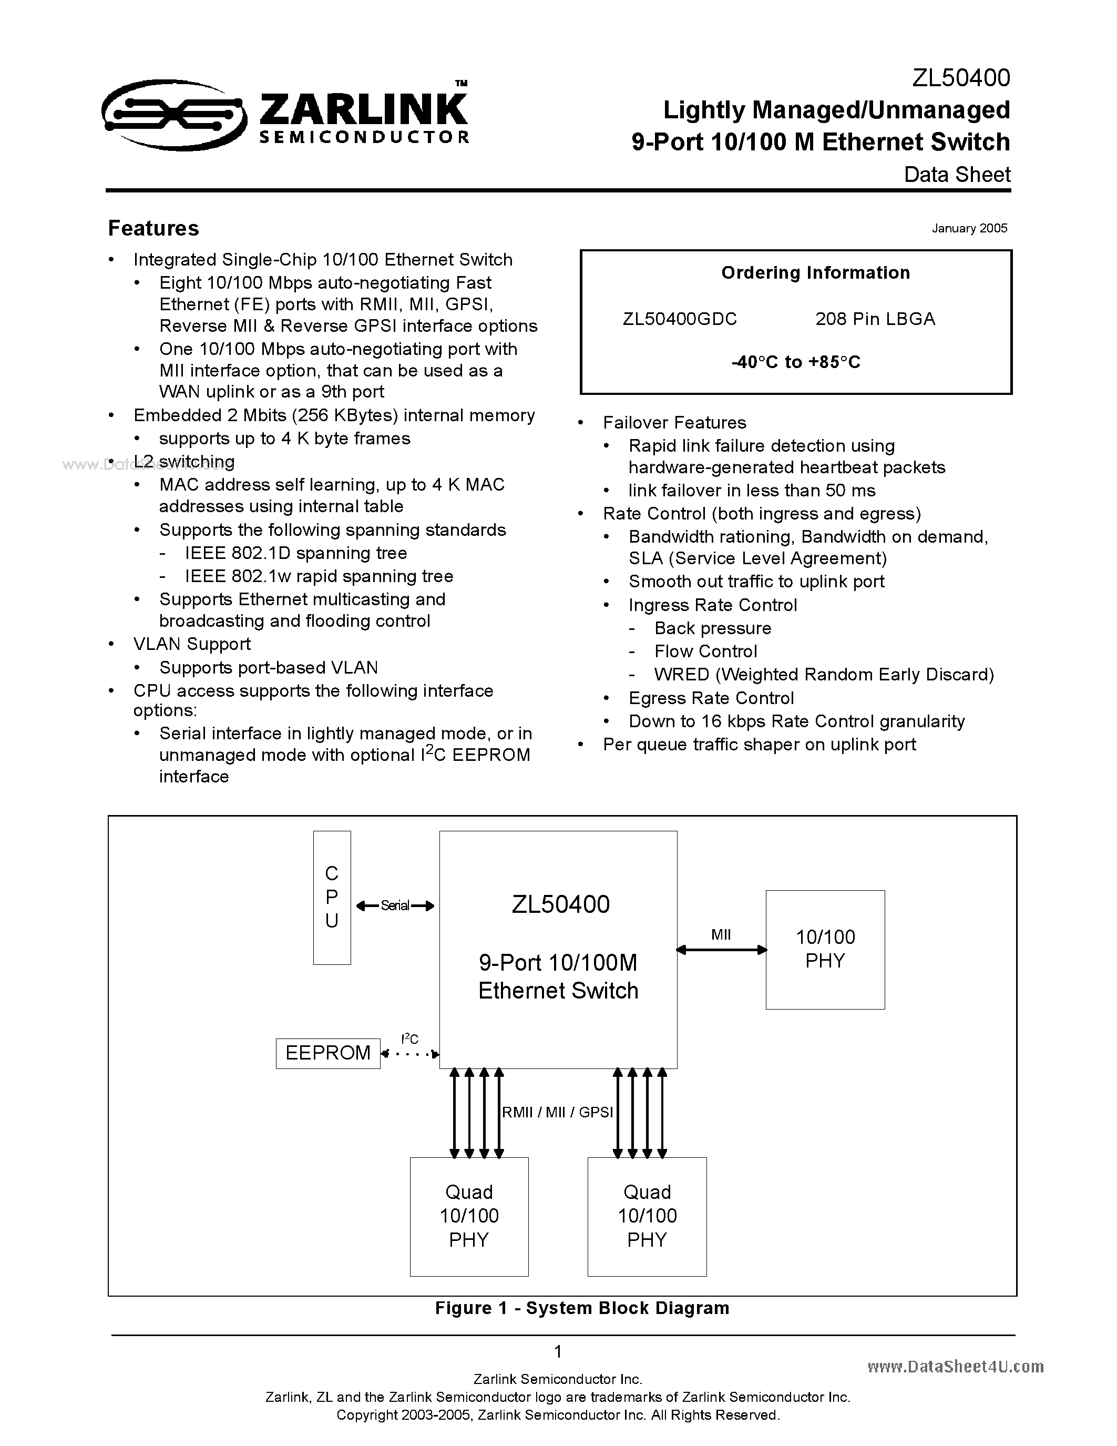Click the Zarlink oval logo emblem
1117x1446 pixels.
tap(173, 115)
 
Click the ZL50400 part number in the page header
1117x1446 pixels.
tap(961, 78)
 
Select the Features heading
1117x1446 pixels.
tap(153, 228)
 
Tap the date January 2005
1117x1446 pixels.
tap(969, 228)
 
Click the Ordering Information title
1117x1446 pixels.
tap(815, 273)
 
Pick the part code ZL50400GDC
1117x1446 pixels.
tap(680, 319)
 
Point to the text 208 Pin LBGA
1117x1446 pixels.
tap(875, 319)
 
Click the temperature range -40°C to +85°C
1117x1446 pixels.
tap(796, 362)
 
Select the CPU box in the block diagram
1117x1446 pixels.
tap(332, 897)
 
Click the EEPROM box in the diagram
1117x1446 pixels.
tap(328, 1053)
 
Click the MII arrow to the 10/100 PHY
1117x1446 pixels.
tap(721, 950)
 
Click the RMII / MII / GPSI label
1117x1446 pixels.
tap(557, 1112)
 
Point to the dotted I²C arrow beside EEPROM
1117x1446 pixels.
tap(411, 1053)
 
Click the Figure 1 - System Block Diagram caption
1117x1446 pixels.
tap(582, 1308)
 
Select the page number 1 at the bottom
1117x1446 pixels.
tap(558, 1351)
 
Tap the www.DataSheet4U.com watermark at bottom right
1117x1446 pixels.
tap(955, 1366)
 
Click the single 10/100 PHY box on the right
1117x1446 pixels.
tap(825, 950)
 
